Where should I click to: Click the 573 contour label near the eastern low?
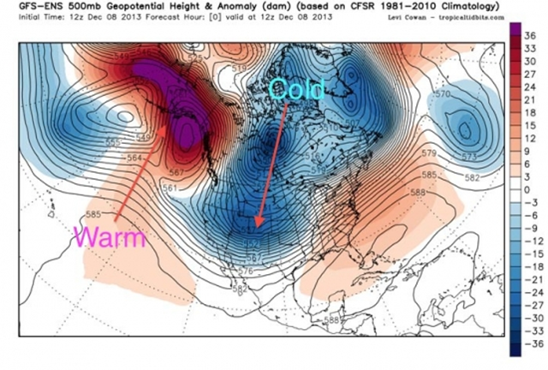pos(468,157)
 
